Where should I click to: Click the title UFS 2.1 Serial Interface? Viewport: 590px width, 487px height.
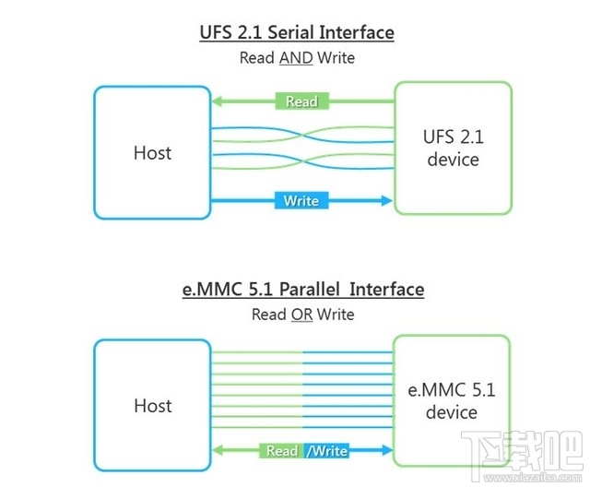point(297,33)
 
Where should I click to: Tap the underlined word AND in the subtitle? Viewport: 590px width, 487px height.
point(295,57)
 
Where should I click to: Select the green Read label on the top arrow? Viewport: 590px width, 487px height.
point(301,101)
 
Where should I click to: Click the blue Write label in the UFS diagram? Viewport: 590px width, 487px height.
point(301,200)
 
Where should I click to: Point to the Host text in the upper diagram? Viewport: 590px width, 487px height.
point(152,152)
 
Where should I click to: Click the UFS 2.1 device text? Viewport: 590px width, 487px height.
point(452,148)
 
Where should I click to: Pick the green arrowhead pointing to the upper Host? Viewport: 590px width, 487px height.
point(218,101)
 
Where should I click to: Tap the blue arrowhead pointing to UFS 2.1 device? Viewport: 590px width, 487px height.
point(385,200)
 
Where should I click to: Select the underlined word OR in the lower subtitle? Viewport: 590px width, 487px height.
point(301,315)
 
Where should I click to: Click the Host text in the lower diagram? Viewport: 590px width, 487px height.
point(152,406)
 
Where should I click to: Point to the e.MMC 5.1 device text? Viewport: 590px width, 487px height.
point(452,401)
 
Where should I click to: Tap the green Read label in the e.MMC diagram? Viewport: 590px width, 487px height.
point(282,450)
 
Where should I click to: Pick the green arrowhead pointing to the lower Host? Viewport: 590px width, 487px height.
point(218,450)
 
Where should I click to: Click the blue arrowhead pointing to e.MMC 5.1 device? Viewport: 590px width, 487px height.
point(385,450)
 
